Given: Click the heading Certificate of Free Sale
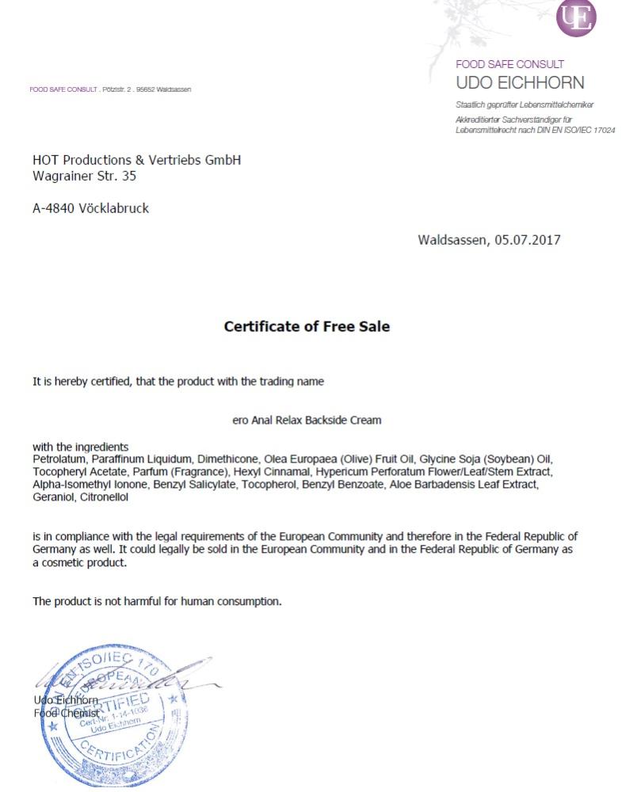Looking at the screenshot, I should [307, 326].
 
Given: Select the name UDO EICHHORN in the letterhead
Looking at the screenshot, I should [520, 83].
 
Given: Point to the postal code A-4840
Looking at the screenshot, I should [54, 208].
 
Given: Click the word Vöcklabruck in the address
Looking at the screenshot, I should [114, 208].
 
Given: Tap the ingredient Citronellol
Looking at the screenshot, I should [103, 497].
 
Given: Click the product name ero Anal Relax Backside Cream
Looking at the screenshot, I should [307, 421].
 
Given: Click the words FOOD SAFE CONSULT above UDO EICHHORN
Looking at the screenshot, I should [509, 64].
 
